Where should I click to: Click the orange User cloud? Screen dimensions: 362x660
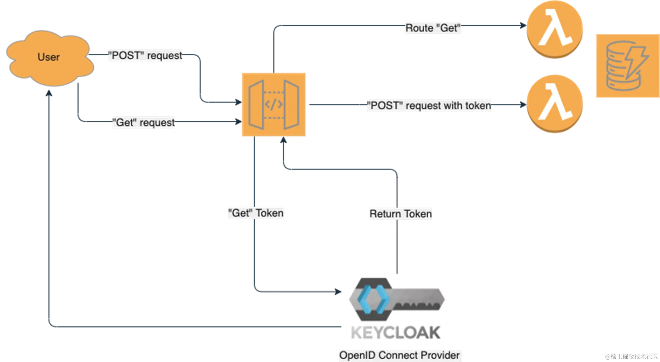[49, 58]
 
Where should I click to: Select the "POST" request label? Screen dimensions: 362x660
[145, 55]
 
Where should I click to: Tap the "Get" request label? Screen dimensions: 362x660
[144, 122]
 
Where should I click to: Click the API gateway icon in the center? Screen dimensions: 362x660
[273, 104]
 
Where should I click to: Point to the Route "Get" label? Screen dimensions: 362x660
[433, 28]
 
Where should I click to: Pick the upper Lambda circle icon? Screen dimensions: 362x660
[554, 30]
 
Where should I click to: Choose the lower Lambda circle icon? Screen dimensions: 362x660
[554, 104]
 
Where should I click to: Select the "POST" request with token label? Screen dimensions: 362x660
[429, 106]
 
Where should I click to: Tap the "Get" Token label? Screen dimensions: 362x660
[256, 213]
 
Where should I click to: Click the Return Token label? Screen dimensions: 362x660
[400, 214]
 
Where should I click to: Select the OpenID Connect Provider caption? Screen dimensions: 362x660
[399, 355]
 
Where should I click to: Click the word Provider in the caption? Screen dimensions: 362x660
[440, 355]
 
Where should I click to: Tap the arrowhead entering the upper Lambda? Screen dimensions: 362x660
[522, 26]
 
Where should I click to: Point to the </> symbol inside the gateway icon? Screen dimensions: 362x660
[274, 105]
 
